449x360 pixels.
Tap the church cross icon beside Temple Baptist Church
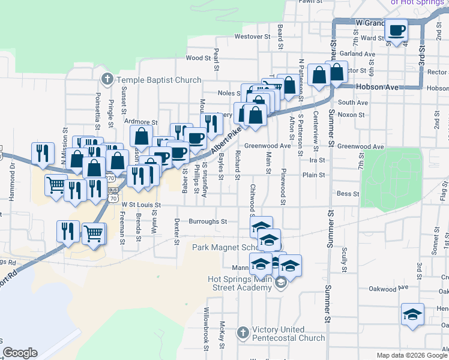click(107, 79)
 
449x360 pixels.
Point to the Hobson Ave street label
click(377, 87)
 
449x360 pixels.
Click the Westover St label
click(250, 37)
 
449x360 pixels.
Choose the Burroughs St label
click(208, 221)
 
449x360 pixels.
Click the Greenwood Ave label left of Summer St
click(268, 146)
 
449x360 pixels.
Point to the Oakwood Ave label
click(390, 287)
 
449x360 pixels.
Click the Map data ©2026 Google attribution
click(412, 355)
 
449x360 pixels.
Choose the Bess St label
click(348, 194)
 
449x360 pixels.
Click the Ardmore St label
click(140, 122)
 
